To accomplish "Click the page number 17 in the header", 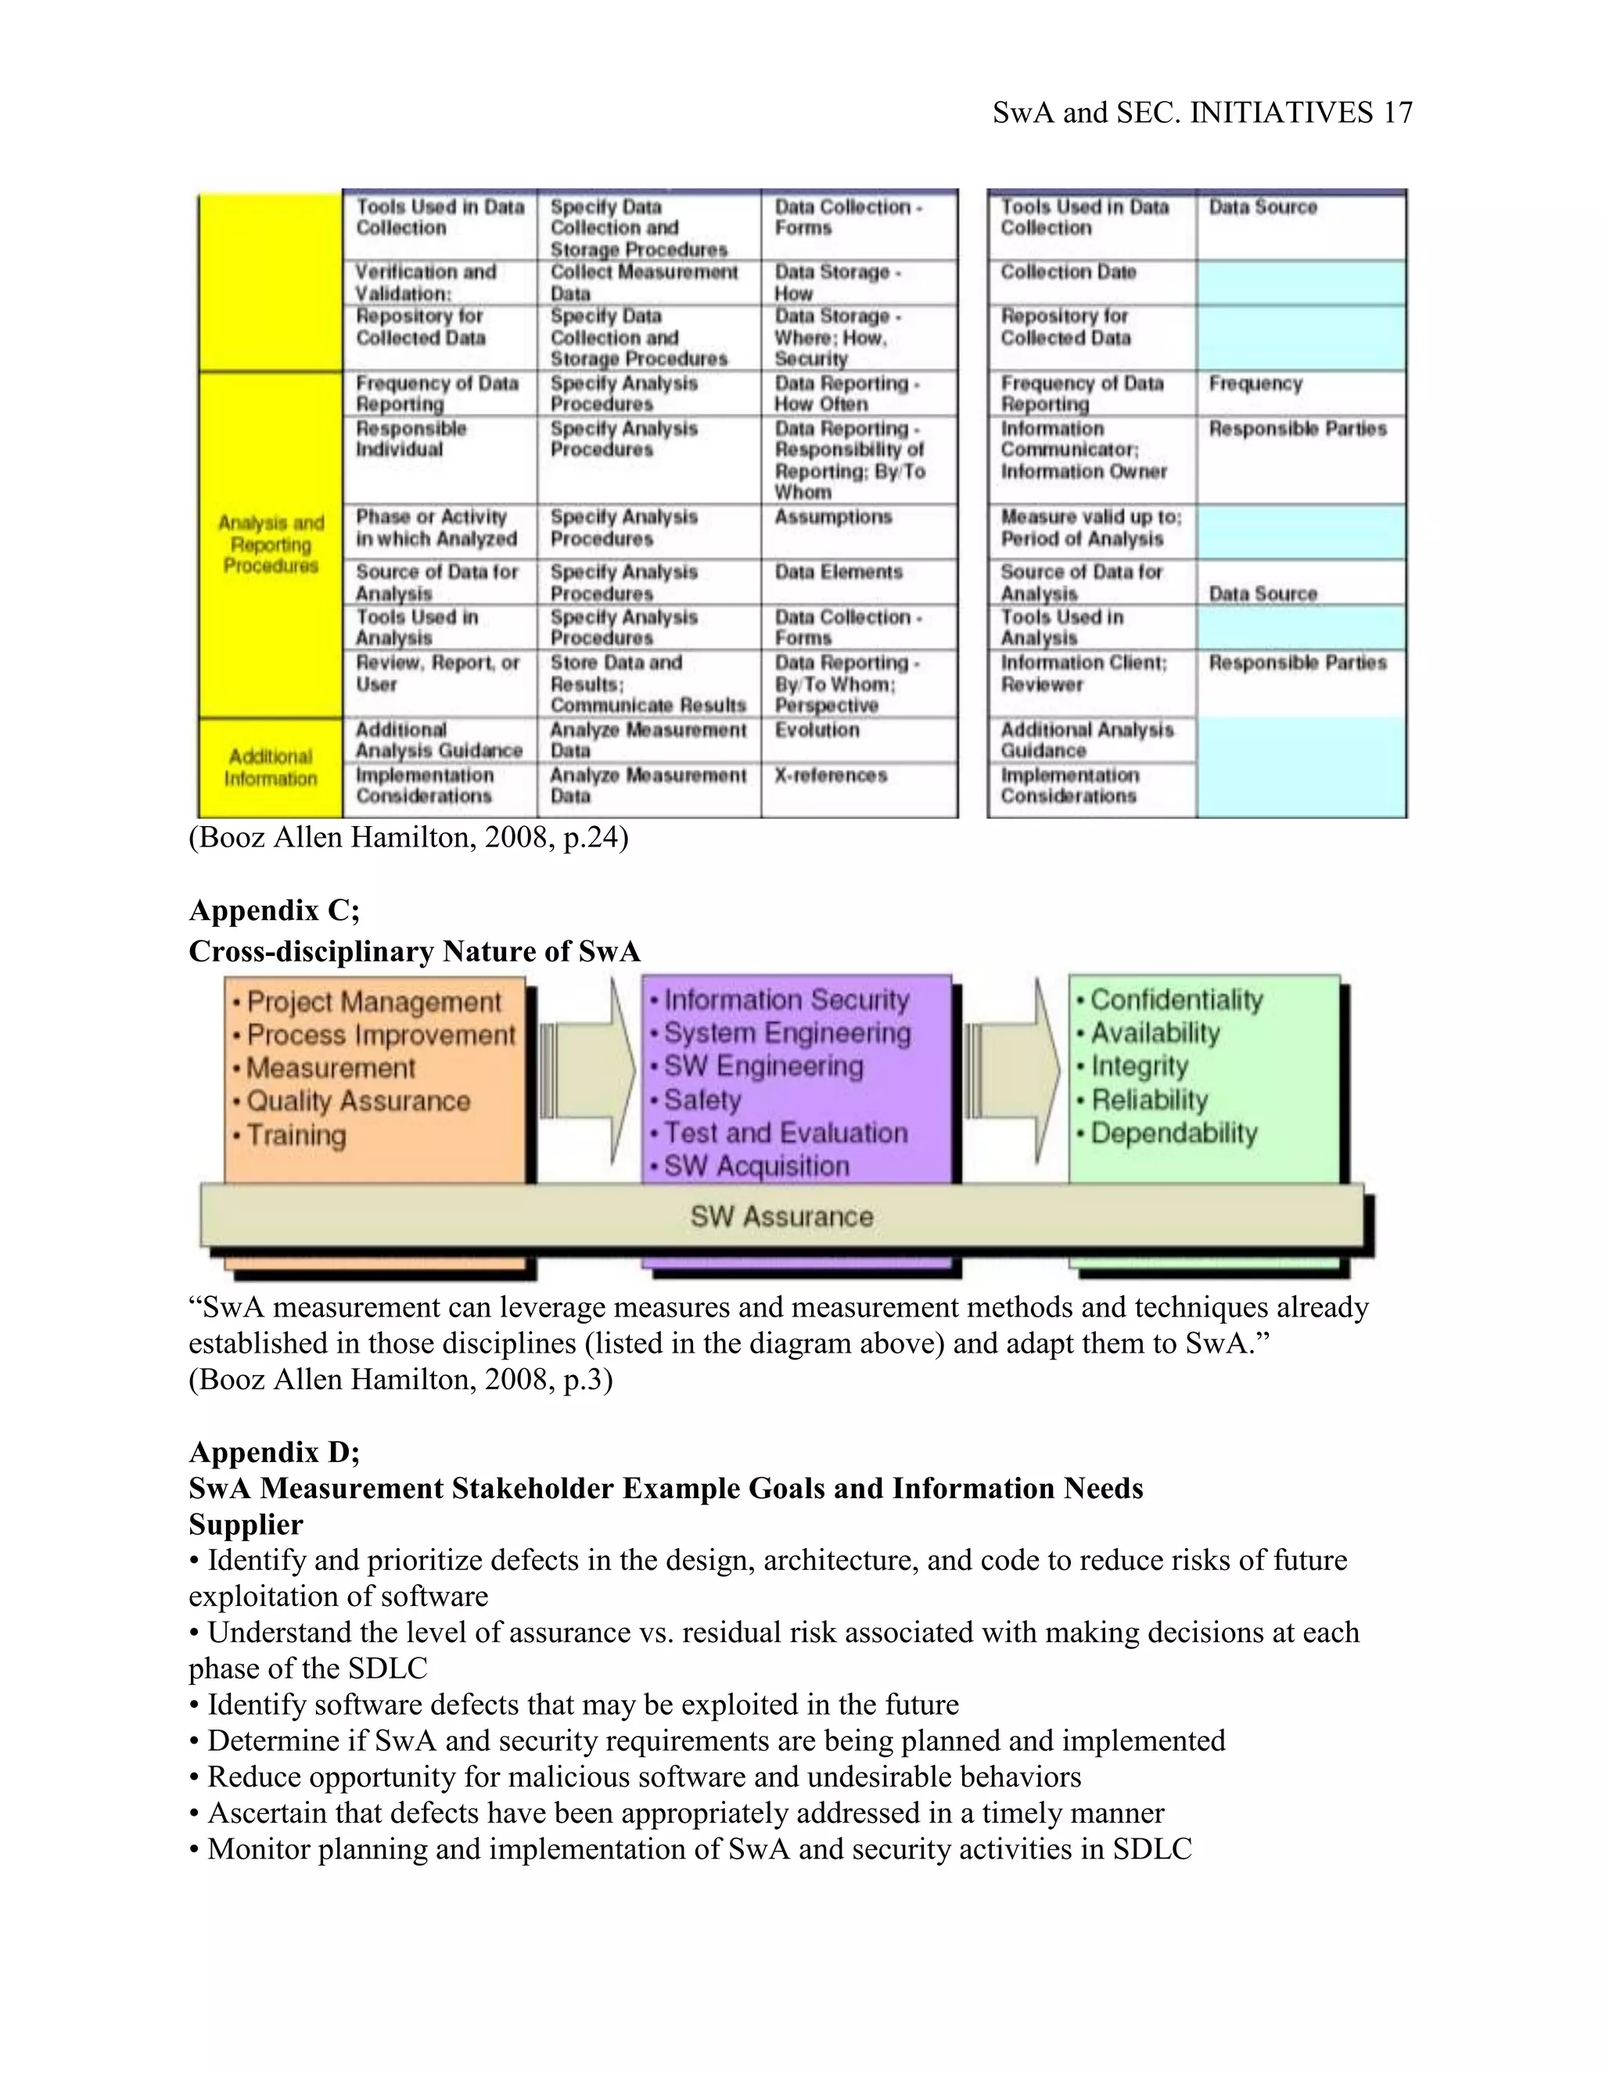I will [x=1397, y=113].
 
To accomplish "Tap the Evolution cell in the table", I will [x=816, y=730].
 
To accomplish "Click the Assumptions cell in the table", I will [x=832, y=517].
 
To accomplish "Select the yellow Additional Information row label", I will [x=271, y=767].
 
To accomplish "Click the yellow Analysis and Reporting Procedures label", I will [x=271, y=544].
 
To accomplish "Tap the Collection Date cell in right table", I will [x=1068, y=272].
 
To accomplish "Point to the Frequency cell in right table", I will [x=1255, y=383].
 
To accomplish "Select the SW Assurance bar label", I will [x=781, y=1217].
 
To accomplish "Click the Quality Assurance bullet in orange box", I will [x=357, y=1101].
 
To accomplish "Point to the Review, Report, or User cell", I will [x=436, y=673].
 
